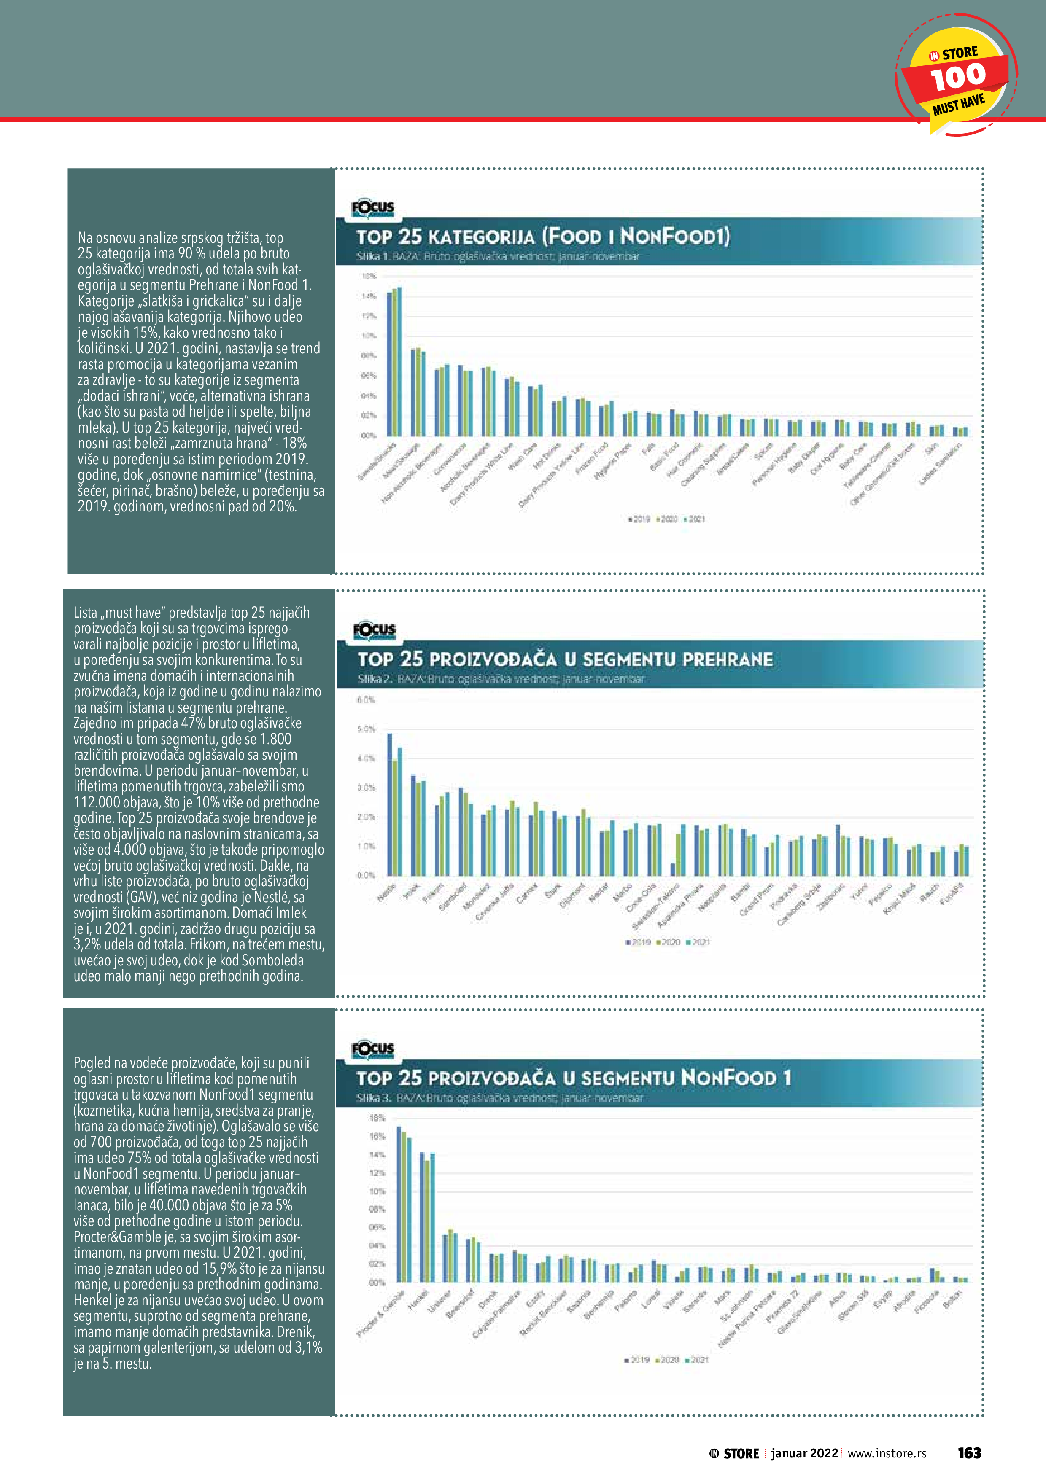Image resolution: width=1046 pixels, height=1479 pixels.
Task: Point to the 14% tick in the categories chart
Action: click(369, 296)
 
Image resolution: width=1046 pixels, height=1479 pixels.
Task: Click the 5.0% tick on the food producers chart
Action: click(366, 729)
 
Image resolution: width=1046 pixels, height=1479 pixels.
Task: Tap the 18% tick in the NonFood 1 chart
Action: click(376, 1118)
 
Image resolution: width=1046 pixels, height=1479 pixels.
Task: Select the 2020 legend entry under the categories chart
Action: click(667, 519)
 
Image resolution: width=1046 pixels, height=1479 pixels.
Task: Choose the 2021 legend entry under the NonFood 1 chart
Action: click(697, 1360)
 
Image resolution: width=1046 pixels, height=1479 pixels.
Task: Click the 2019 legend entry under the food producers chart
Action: click(638, 942)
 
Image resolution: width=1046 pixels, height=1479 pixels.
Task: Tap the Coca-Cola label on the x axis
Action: click(641, 897)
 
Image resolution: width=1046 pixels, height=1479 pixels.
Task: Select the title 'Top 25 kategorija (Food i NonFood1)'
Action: click(543, 237)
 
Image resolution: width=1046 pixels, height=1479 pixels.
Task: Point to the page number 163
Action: click(969, 1452)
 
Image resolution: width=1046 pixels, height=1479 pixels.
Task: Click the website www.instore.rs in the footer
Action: click(887, 1453)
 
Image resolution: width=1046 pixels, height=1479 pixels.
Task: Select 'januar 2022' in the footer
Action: click(803, 1453)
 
